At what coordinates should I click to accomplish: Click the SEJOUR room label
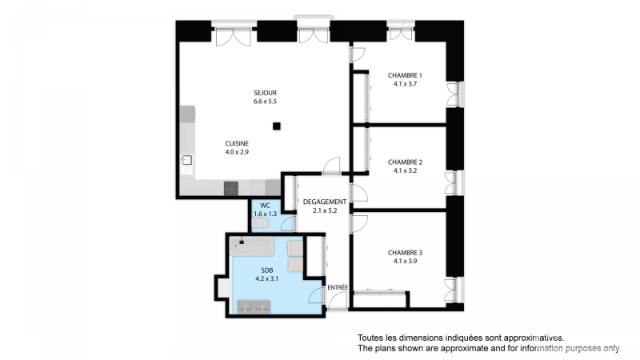pos(265,93)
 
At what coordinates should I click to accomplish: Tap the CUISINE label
pos(237,144)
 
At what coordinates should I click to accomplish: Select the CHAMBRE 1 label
pos(405,75)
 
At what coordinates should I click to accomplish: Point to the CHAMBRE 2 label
pos(405,162)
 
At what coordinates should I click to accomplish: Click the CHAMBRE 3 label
pos(405,253)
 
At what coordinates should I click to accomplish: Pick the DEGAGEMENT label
pos(325,202)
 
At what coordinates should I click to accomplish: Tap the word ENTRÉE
pos(338,288)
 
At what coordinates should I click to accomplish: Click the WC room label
pos(265,206)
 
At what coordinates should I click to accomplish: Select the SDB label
pos(267,270)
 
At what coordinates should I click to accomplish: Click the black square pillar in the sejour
pos(277,126)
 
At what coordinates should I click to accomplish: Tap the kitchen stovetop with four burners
pos(231,189)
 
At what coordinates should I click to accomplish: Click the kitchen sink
pos(187,160)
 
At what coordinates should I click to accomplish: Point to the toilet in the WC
pos(259,223)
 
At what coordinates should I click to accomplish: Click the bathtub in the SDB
pos(251,246)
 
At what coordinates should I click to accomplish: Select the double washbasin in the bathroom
pos(254,307)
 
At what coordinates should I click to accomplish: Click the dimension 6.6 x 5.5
pos(265,102)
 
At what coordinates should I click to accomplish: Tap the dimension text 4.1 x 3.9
pos(405,262)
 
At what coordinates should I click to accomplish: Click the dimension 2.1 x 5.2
pos(325,211)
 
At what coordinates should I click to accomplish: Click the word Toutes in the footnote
pos(370,338)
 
